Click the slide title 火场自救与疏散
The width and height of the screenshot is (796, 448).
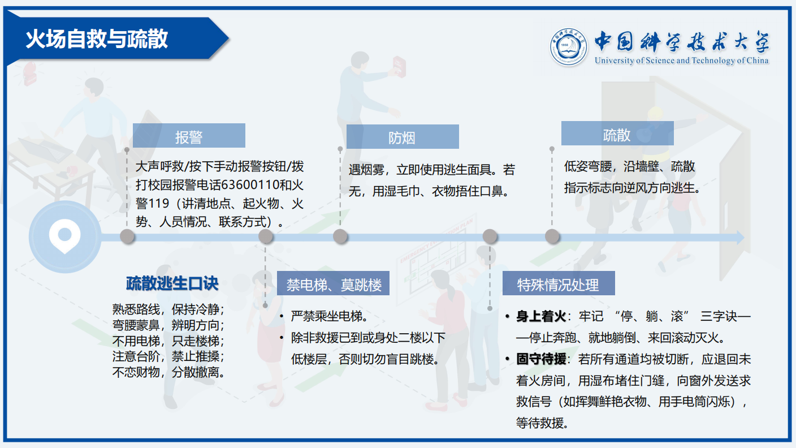coord(97,39)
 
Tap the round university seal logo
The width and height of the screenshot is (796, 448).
coord(568,48)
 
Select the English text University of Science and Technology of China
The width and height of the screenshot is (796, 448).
coord(682,61)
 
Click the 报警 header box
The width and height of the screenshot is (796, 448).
coord(189,135)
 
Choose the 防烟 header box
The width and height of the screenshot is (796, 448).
coord(403,136)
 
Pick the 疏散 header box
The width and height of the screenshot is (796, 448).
coord(617,133)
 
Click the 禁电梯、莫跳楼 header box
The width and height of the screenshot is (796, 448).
coord(334,283)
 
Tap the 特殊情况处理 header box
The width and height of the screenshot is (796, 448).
coord(559,283)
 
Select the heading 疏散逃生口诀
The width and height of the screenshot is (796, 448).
coord(172,283)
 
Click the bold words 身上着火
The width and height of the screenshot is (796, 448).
coord(541,316)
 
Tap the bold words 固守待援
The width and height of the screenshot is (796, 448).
coord(541,359)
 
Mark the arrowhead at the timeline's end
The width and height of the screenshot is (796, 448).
coord(740,237)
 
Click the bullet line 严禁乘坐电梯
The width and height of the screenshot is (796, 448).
coord(329,316)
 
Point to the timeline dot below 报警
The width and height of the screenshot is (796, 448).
coord(127,236)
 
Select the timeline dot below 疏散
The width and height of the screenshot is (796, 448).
coord(552,236)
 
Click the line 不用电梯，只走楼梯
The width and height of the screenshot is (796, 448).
coord(168,341)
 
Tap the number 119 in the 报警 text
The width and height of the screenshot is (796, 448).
coord(159,204)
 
